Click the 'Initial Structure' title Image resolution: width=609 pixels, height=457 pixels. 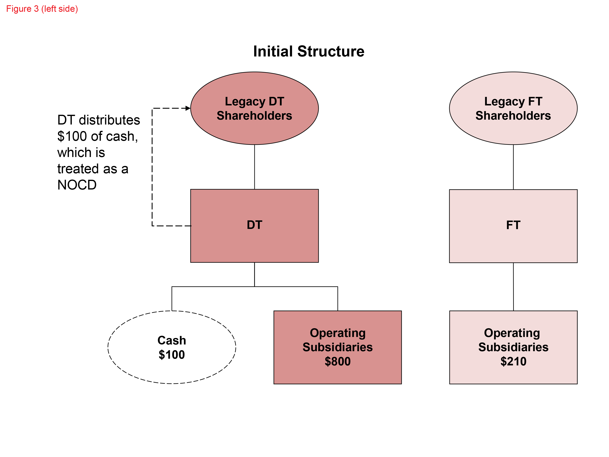pos(309,52)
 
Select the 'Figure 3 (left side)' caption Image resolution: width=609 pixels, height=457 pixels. pos(42,9)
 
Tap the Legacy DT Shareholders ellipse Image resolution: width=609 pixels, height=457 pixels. pos(254,129)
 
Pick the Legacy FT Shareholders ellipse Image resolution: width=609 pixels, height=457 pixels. pos(513,129)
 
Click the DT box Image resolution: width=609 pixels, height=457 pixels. pos(254,242)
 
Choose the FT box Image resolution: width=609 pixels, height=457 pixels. pos(513,242)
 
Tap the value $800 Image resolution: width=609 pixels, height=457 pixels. pos(338,361)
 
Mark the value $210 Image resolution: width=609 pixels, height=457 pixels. pos(513,361)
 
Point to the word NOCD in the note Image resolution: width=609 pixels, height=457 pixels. pos(77,185)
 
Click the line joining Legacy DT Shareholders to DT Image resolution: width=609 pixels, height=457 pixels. pos(254,167)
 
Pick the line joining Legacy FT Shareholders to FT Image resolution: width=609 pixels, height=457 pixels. pos(513,167)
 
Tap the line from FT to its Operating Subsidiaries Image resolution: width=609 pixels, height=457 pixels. pos(513,286)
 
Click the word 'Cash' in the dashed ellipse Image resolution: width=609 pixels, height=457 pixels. pos(172,340)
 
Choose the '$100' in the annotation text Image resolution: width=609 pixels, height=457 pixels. pos(72,136)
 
